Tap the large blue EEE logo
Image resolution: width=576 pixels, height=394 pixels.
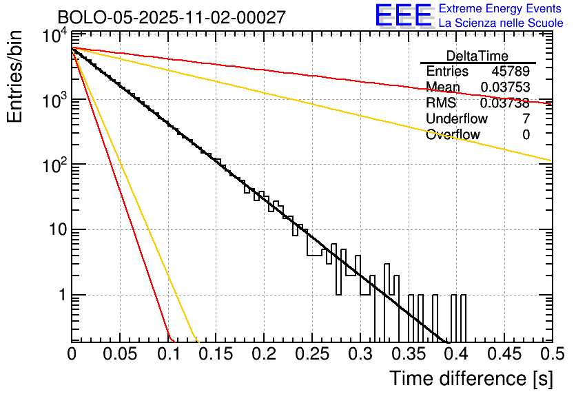[403, 16]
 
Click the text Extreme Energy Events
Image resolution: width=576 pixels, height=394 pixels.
[500, 9]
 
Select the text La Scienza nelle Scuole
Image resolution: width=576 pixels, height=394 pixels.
[501, 23]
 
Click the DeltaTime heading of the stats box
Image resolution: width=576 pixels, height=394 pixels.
[477, 56]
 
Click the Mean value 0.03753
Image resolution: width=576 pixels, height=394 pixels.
[505, 87]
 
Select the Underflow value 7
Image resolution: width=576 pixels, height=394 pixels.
[526, 118]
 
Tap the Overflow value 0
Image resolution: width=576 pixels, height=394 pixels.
[526, 134]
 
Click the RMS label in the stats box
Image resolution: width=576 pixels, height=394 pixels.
[441, 103]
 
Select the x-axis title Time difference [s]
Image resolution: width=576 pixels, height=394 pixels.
[471, 378]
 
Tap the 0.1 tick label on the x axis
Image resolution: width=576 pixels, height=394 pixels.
[168, 355]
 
